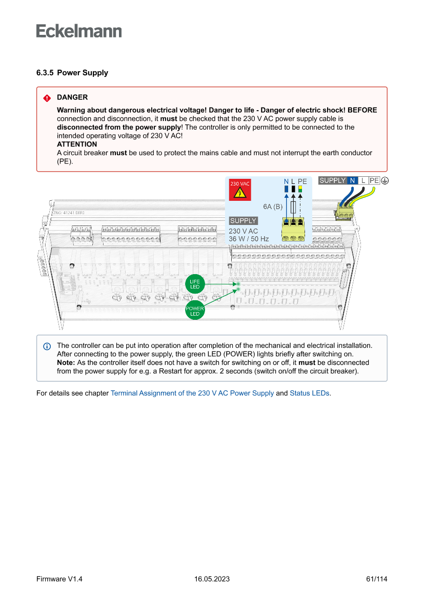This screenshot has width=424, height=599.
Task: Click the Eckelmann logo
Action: click(x=79, y=31)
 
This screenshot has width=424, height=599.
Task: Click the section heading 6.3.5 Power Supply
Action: click(x=72, y=73)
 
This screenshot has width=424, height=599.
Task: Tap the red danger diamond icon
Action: click(x=47, y=98)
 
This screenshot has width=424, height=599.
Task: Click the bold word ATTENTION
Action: click(x=77, y=144)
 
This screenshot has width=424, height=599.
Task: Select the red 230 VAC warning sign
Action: click(x=240, y=190)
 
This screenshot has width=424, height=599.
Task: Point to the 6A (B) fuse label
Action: click(x=273, y=206)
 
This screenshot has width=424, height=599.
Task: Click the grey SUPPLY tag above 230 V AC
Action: click(x=243, y=221)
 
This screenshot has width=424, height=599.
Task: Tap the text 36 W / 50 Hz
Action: click(x=249, y=239)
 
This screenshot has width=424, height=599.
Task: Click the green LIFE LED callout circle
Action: click(x=195, y=284)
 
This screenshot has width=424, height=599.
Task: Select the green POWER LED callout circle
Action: click(x=195, y=311)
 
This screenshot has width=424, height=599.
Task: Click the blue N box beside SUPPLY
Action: click(x=352, y=180)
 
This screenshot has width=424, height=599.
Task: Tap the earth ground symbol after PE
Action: click(x=385, y=180)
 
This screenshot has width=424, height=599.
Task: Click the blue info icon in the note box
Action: click(x=47, y=346)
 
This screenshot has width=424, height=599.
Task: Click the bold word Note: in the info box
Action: click(x=66, y=362)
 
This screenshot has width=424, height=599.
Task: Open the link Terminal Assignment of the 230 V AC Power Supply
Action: click(x=192, y=394)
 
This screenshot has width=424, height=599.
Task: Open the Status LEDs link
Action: click(x=310, y=394)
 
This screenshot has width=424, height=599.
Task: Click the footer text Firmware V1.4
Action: click(x=59, y=579)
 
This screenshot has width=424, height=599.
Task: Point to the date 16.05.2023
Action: click(x=212, y=579)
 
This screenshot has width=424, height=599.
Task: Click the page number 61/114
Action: click(x=377, y=579)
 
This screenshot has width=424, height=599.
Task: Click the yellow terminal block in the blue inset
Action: click(x=294, y=230)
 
